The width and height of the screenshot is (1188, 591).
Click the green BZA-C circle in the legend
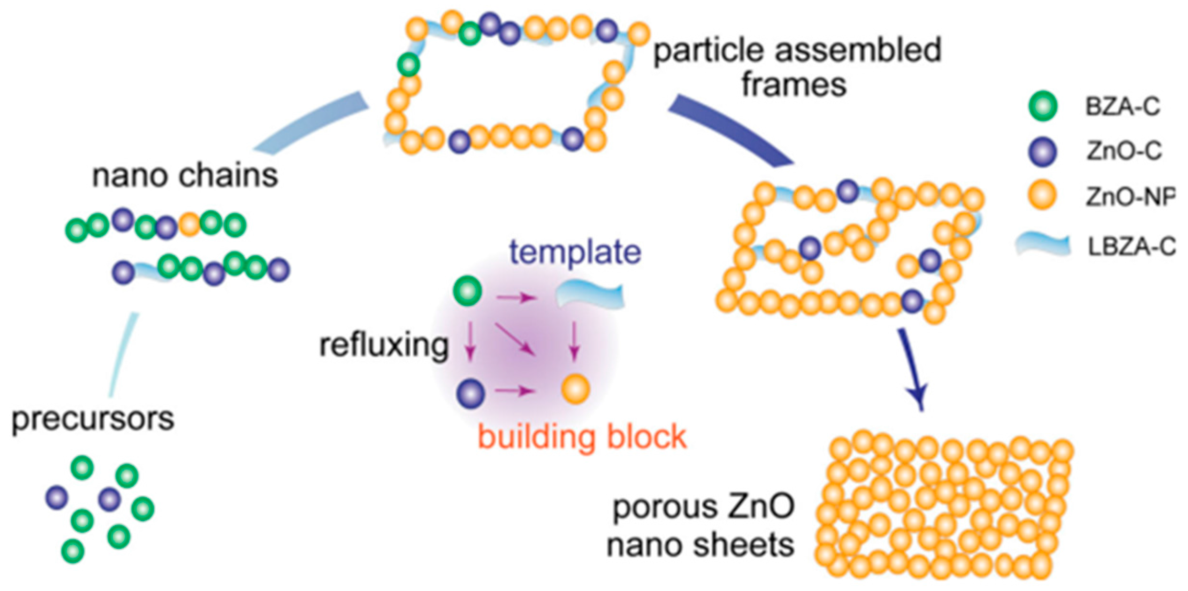coord(1043,106)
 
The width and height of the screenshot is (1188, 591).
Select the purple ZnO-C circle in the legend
coord(1043,152)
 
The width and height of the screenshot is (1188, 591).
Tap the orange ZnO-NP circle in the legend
coord(1043,196)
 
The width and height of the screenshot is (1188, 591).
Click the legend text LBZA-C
coord(1131,247)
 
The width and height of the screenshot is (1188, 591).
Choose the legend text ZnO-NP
coord(1130,197)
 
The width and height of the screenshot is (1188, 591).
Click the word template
coord(575,252)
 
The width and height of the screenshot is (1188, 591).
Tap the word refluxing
coord(384,345)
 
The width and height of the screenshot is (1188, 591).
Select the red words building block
coord(582,437)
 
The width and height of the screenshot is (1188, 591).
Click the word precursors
coord(93,419)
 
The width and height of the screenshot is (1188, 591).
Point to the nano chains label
coord(185,175)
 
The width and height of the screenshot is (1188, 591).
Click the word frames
coord(793,85)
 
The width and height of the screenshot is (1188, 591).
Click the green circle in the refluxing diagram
coord(468,291)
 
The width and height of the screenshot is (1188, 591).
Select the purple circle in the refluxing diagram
coord(471,394)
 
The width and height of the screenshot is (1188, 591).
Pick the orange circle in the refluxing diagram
coord(575,389)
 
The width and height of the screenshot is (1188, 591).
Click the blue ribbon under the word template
coord(590,295)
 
